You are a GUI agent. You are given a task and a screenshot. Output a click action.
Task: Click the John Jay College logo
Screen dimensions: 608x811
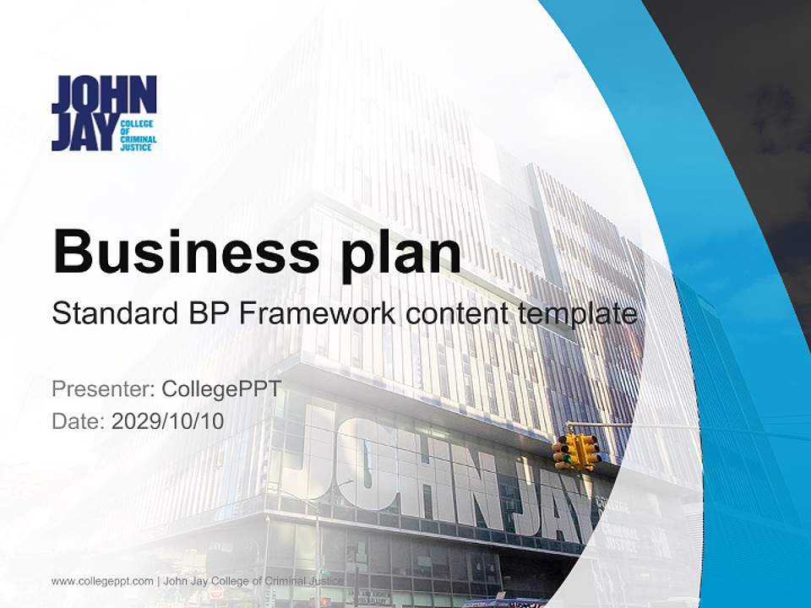pos(104,113)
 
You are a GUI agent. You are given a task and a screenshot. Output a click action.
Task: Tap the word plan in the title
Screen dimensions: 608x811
pos(401,252)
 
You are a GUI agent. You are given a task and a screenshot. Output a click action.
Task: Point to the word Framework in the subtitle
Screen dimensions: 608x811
pos(316,313)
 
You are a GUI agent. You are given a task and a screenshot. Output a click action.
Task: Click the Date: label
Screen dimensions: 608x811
pos(79,421)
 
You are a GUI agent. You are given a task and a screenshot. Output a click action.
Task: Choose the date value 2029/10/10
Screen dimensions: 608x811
pos(168,421)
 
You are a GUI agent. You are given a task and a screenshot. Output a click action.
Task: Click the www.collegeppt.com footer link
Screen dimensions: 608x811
pos(102,581)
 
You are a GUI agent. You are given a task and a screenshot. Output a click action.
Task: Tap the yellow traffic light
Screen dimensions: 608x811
pos(577,452)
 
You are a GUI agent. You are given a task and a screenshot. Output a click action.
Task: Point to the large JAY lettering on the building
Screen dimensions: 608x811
pos(549,498)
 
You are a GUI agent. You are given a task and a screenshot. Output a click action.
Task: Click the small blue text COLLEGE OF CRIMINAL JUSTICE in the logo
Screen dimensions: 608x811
pos(139,135)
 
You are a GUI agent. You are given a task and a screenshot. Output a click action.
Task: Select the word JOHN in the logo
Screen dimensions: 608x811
pos(104,94)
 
